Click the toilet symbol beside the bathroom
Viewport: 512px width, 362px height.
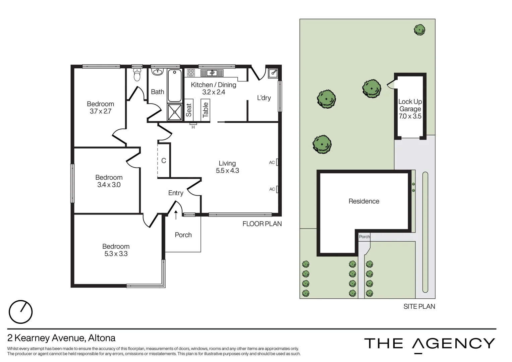coord(137,75)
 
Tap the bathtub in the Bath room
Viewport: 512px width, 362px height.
coord(174,85)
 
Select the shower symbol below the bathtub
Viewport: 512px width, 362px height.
coord(175,112)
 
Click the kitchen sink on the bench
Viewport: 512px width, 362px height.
coord(212,73)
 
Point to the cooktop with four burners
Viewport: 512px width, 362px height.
coord(191,72)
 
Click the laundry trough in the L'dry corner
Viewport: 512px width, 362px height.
coord(273,73)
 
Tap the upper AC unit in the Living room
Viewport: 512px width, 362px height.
coord(277,162)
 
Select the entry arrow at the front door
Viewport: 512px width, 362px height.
coord(176,215)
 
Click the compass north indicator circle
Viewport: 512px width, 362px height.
coord(20,312)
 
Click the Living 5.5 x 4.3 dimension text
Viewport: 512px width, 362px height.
coord(227,171)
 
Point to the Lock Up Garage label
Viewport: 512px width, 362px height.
coord(410,105)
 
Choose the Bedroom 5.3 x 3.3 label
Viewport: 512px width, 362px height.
coord(116,250)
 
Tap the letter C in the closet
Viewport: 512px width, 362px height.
coord(164,161)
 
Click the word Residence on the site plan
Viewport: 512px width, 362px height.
coord(364,201)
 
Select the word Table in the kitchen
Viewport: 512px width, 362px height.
coord(206,110)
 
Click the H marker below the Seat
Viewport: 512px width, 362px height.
coord(193,127)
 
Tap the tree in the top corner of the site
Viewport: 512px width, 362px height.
coord(419,30)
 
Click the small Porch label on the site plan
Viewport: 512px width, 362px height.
coord(364,237)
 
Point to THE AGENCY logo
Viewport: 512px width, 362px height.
coord(430,344)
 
